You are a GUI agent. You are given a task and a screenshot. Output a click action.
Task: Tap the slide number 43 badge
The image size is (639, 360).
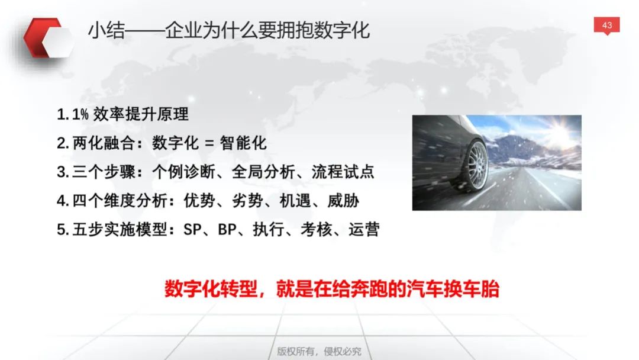606,25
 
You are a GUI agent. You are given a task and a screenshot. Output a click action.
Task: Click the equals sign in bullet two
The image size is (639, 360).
209,143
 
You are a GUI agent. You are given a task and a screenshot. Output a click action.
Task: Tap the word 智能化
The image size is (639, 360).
243,143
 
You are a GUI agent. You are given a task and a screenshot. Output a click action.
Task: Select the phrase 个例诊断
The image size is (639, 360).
183,172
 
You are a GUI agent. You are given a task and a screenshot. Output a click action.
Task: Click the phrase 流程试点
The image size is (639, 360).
343,172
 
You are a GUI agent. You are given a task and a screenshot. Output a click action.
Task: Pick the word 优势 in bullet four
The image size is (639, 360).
199,201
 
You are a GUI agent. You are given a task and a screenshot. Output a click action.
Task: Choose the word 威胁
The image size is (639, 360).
343,201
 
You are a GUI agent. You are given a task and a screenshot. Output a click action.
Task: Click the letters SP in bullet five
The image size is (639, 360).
192,230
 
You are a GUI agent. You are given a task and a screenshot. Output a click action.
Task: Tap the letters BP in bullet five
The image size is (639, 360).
227,230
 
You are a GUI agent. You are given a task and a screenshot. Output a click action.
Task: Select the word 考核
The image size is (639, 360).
316,230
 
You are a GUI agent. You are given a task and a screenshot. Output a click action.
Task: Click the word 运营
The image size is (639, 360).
364,230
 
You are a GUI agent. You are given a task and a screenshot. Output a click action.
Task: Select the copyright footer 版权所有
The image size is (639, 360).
296,351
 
